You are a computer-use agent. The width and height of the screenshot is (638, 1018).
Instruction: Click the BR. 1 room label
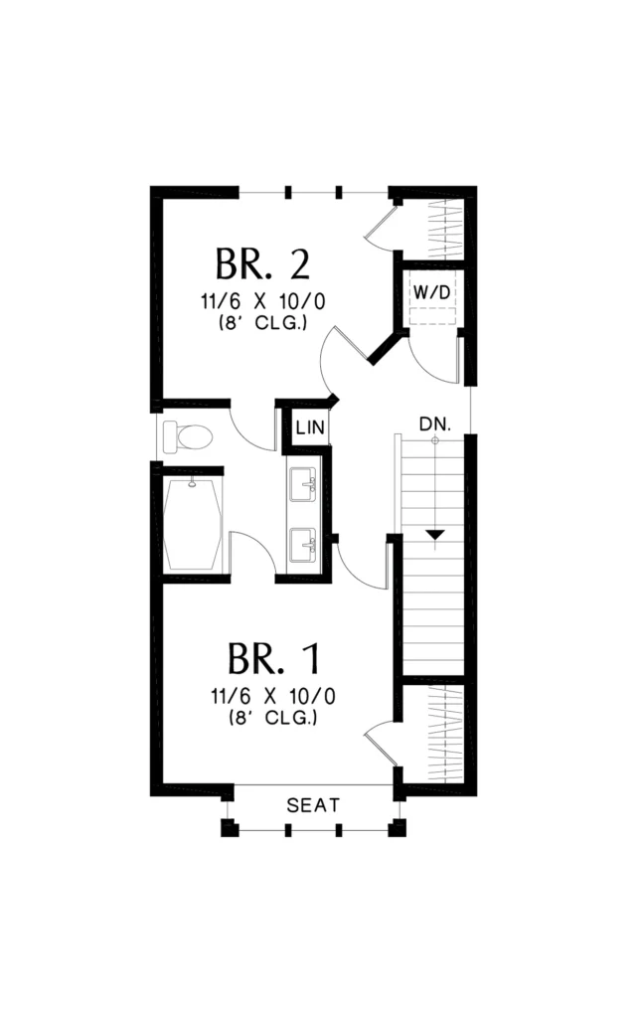coord(274,658)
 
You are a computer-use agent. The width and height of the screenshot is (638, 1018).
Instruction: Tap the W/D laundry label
coord(431,293)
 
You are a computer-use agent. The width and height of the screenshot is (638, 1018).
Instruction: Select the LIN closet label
coord(310,427)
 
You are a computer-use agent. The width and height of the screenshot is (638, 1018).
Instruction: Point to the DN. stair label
coord(435,424)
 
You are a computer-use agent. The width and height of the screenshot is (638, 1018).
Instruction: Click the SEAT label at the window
coord(313,805)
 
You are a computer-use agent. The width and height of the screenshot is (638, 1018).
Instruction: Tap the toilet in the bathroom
coord(188,436)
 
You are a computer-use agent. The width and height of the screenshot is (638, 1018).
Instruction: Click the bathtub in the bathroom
coord(194,524)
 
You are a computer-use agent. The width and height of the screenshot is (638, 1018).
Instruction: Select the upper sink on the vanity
coord(303,485)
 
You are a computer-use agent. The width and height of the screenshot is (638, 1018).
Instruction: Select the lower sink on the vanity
coord(303,545)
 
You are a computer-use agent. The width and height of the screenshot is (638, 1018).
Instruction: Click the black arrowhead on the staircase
coord(435,535)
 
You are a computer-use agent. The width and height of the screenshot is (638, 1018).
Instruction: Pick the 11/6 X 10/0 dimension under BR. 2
coord(263,302)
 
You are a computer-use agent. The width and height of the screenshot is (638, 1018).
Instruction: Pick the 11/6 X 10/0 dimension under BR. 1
coord(273,697)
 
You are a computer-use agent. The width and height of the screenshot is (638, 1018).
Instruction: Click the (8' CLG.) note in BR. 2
coord(263,323)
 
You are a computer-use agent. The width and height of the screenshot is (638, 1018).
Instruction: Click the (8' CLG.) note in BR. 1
coord(273,718)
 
